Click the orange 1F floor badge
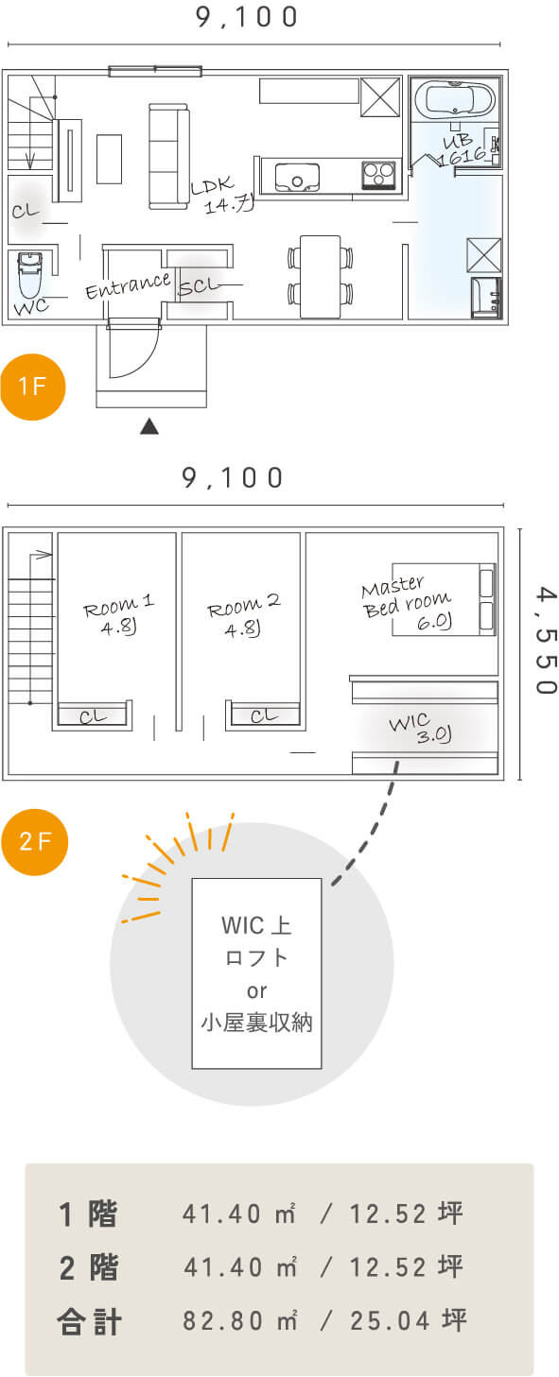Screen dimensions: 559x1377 click(x=32, y=387)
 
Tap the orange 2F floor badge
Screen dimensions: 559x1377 click(x=34, y=841)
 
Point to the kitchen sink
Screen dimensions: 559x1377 click(x=297, y=178)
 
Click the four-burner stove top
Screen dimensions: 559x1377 click(x=378, y=175)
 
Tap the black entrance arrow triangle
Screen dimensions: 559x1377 click(x=148, y=426)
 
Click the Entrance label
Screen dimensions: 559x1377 click(x=128, y=285)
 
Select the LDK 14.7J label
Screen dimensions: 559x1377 click(x=221, y=195)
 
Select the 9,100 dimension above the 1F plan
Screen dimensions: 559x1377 click(x=247, y=17)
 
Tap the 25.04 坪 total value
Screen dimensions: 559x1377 click(x=409, y=1320)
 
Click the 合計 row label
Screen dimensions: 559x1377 click(x=90, y=1321)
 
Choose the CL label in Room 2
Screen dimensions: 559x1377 click(x=265, y=715)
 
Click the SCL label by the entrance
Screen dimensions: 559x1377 click(x=198, y=285)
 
